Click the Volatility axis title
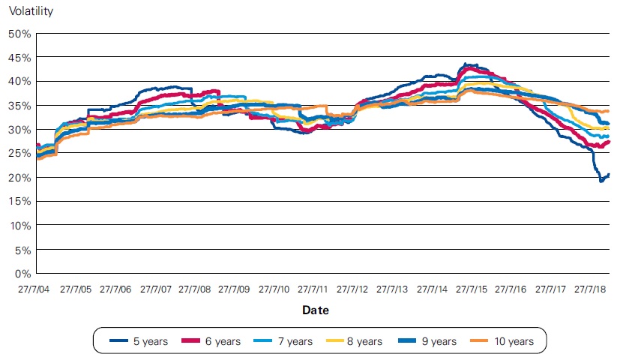point(31,12)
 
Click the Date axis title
point(315,309)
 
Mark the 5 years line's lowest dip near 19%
point(601,181)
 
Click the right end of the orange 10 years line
point(608,111)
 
